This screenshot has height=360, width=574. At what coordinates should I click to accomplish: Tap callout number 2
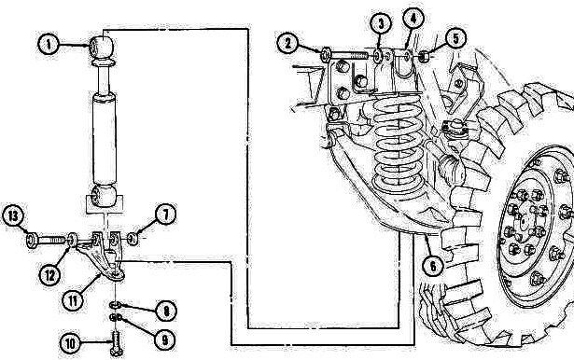[x=290, y=42]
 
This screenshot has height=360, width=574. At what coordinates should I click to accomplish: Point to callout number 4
[x=413, y=18]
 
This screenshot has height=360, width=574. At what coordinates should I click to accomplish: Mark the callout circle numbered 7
[x=165, y=216]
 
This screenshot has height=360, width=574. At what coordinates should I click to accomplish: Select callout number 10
[x=69, y=344]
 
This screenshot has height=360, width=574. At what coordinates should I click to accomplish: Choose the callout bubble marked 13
[x=14, y=216]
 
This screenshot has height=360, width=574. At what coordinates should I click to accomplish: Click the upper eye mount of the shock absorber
[x=102, y=44]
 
